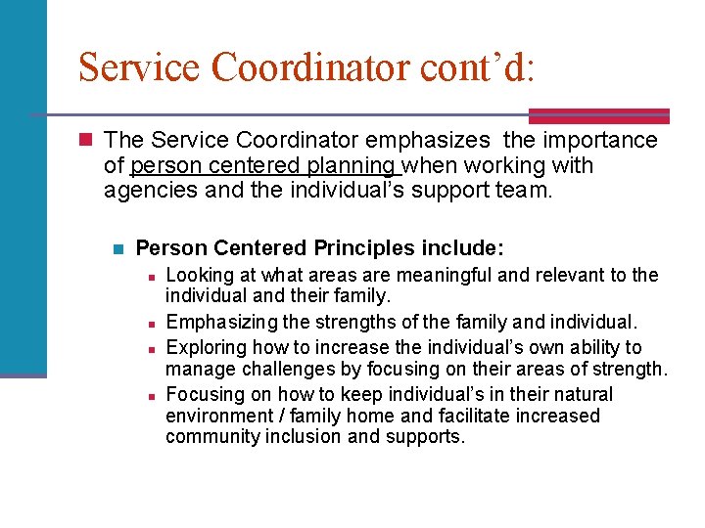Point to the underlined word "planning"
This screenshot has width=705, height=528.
coord(354,165)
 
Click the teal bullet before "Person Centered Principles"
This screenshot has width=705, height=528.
coord(118,248)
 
